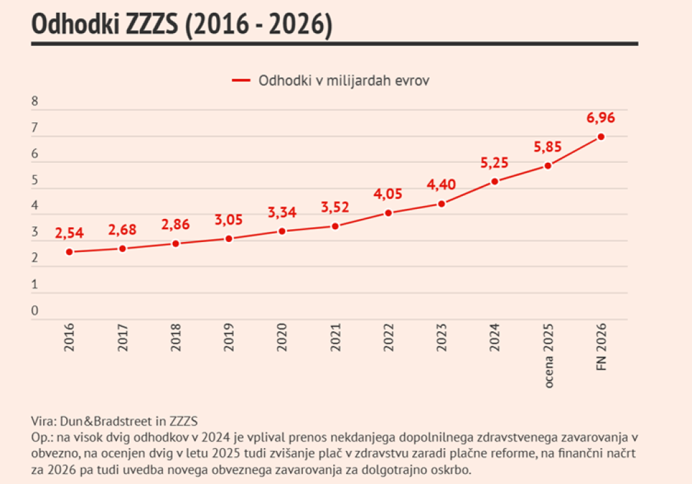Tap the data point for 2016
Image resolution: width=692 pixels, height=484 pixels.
[69, 252]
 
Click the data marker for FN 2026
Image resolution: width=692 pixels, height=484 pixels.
[601, 137]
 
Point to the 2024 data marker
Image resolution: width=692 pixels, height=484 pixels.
[495, 181]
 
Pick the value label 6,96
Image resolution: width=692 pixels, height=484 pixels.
[601, 118]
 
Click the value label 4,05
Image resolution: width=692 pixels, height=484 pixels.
[388, 195]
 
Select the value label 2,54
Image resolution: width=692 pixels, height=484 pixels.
[69, 234]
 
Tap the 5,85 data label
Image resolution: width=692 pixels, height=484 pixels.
[547, 147]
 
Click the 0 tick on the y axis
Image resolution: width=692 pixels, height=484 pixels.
[35, 312]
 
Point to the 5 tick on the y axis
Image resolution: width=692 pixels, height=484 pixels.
[35, 180]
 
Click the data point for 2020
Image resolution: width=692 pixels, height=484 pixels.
[282, 231]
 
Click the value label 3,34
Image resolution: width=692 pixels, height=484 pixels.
[282, 213]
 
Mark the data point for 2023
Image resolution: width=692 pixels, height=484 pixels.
[441, 203]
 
